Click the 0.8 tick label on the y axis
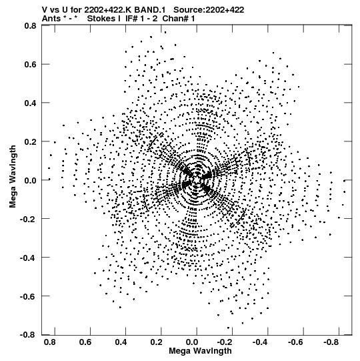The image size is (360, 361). pyautogui.click(x=30, y=25)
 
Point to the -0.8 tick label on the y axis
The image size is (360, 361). pyautogui.click(x=28, y=335)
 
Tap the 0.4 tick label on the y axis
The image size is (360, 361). pyautogui.click(x=30, y=103)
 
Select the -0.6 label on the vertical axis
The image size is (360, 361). pyautogui.click(x=28, y=296)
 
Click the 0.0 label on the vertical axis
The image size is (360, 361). pyautogui.click(x=30, y=180)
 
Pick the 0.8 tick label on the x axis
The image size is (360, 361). pyautogui.click(x=49, y=342)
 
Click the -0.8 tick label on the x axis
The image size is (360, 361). pyautogui.click(x=331, y=342)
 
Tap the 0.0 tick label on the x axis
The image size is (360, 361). pyautogui.click(x=191, y=342)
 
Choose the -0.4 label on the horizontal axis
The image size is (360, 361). pyautogui.click(x=260, y=342)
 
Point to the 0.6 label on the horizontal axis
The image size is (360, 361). pyautogui.click(x=85, y=342)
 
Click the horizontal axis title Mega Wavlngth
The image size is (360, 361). pyautogui.click(x=200, y=351)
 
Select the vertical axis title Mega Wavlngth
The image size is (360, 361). pyautogui.click(x=13, y=177)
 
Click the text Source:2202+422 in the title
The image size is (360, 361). pyautogui.click(x=209, y=10)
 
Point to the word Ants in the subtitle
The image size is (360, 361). pyautogui.click(x=51, y=19)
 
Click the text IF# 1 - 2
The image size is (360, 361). pyautogui.click(x=141, y=19)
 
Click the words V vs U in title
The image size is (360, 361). pyautogui.click(x=55, y=10)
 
